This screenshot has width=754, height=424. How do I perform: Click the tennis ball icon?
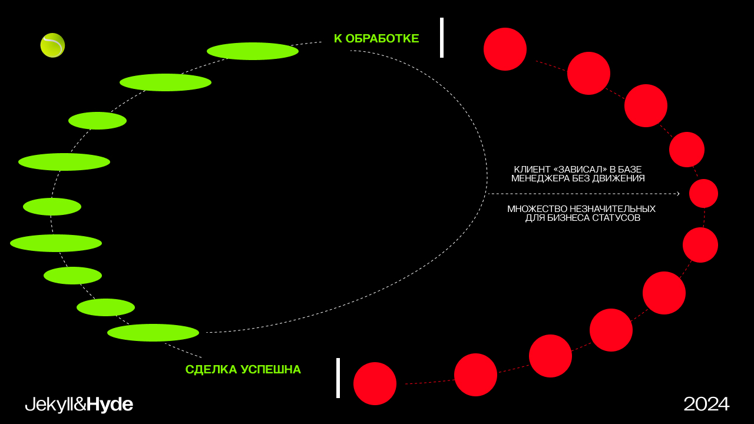(x=52, y=45)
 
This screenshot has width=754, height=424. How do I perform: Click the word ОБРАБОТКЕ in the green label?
(x=382, y=39)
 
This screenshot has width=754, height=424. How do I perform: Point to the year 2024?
(x=706, y=404)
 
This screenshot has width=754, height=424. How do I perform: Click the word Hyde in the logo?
(x=110, y=405)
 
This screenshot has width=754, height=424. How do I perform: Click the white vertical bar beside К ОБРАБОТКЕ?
(x=442, y=38)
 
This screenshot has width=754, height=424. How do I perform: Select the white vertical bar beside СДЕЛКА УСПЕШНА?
(x=338, y=378)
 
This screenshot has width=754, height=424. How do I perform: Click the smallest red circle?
(x=703, y=193)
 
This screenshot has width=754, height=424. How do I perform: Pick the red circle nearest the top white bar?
(x=505, y=49)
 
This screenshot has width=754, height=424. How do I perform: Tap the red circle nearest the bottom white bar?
(x=375, y=383)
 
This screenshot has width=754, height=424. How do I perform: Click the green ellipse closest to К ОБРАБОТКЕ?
(x=253, y=51)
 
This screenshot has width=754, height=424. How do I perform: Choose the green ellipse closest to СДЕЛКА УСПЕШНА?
(x=153, y=333)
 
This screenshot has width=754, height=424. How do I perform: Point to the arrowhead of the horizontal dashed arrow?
(x=678, y=194)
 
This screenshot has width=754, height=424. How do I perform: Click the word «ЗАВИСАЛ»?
(x=578, y=170)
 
